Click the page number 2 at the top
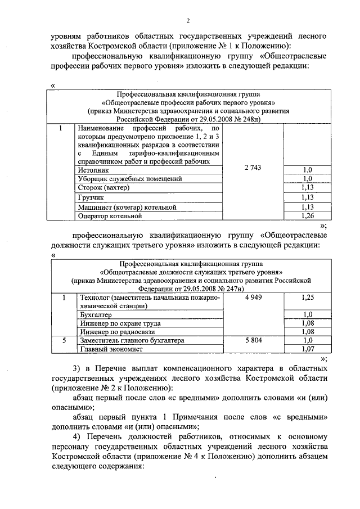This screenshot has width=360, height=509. [x=188, y=21]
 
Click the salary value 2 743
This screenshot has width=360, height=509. [x=254, y=168]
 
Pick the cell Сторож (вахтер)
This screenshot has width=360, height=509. [x=103, y=187]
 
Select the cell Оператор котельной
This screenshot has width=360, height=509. [x=110, y=215]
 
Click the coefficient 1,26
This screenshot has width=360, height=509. [x=307, y=215]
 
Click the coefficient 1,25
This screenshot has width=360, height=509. [x=307, y=297]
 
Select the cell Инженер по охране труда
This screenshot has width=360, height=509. [x=120, y=323]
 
